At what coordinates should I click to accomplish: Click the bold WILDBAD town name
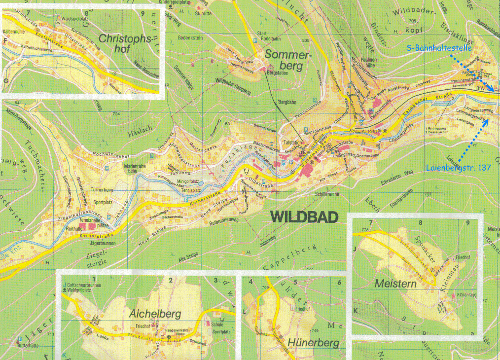(x=303, y=217)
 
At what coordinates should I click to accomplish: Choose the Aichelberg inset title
(x=155, y=314)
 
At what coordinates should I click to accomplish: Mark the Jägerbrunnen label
(x=102, y=243)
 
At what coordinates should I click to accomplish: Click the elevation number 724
(x=116, y=114)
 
